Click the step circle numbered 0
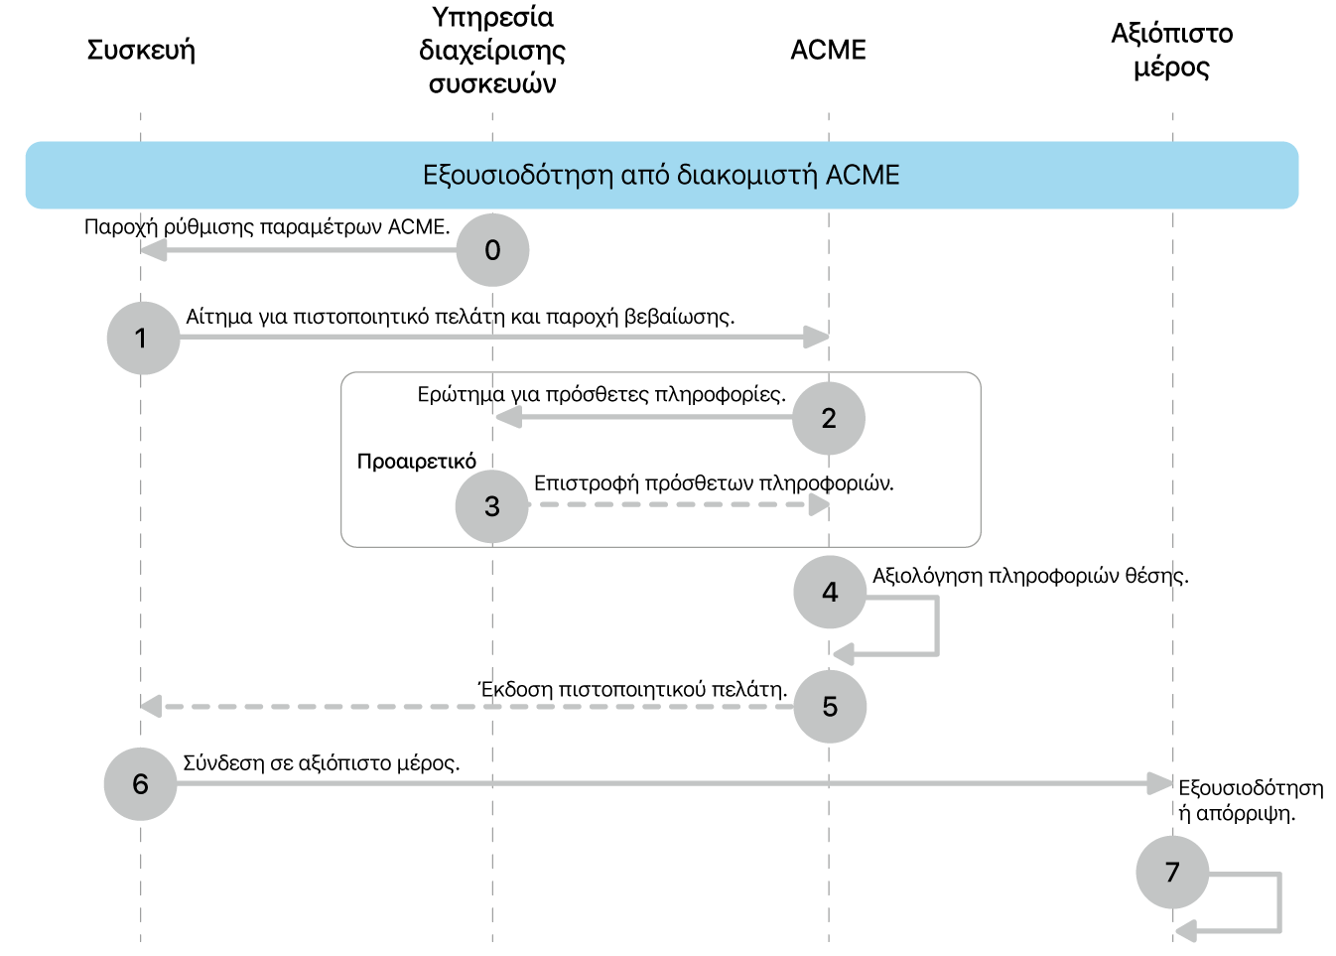492,250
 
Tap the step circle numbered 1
143,339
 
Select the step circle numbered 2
829,418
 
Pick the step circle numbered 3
492,506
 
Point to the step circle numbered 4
830,593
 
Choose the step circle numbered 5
830,707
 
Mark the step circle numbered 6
141,784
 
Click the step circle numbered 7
1172,873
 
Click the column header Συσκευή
141,50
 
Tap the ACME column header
828,50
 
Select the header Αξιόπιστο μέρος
1171,50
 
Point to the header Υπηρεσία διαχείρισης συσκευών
492,50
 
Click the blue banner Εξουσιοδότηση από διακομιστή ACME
661,175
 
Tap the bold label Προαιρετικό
417,462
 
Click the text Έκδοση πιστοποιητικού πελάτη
632,689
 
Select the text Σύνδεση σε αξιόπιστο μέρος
322,763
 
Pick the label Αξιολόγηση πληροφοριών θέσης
1030,576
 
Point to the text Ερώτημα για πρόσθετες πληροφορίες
601,394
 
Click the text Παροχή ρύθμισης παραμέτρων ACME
267,226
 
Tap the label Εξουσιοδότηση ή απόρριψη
1250,800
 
